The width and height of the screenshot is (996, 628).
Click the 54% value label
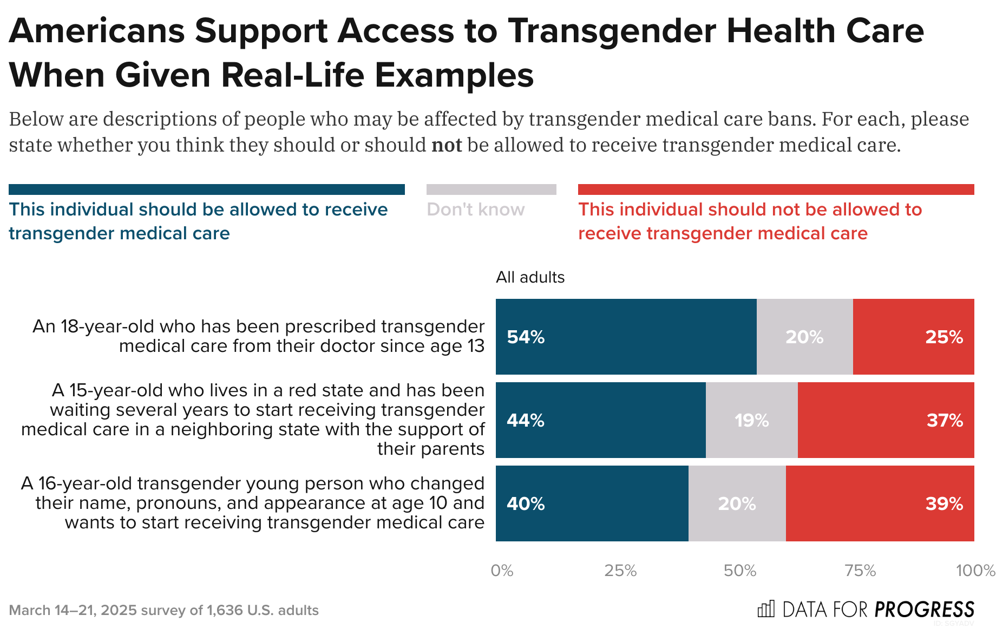click(x=526, y=337)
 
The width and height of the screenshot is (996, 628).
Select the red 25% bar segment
click(x=913, y=337)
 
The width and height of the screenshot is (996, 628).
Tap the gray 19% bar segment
click(x=751, y=420)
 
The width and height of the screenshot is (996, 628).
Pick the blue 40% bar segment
click(x=592, y=503)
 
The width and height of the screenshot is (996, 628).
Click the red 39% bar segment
click(x=880, y=503)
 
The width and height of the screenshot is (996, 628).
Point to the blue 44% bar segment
click(x=600, y=420)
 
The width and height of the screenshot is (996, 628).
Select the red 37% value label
click(x=945, y=421)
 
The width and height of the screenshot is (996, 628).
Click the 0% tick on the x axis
click(x=502, y=571)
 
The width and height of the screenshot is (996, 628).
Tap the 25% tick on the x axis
click(x=620, y=571)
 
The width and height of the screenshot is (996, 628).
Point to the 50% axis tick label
click(x=740, y=571)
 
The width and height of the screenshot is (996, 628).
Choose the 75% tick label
click(x=860, y=571)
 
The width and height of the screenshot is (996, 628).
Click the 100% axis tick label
click(x=975, y=571)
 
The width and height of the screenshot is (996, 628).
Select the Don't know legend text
click(x=475, y=210)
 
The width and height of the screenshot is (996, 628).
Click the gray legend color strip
click(x=491, y=189)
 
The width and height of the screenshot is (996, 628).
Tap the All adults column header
click(x=530, y=277)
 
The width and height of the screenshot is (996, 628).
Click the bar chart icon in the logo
click(x=766, y=609)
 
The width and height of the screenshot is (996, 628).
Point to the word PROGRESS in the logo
click(x=925, y=610)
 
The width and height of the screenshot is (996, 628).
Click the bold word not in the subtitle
click(x=447, y=145)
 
